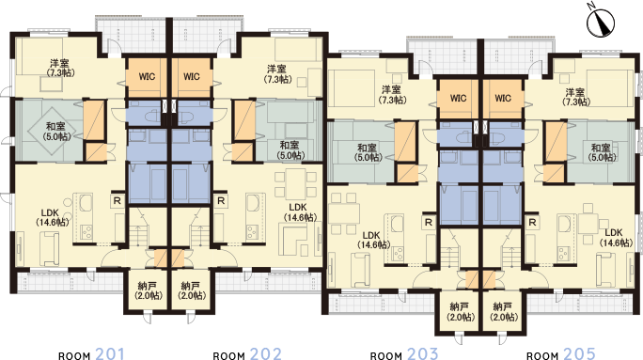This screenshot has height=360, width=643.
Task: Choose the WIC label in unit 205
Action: (x=502, y=98)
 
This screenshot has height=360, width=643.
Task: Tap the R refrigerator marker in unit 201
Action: (x=118, y=200)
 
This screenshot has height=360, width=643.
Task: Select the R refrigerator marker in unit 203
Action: (x=428, y=222)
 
